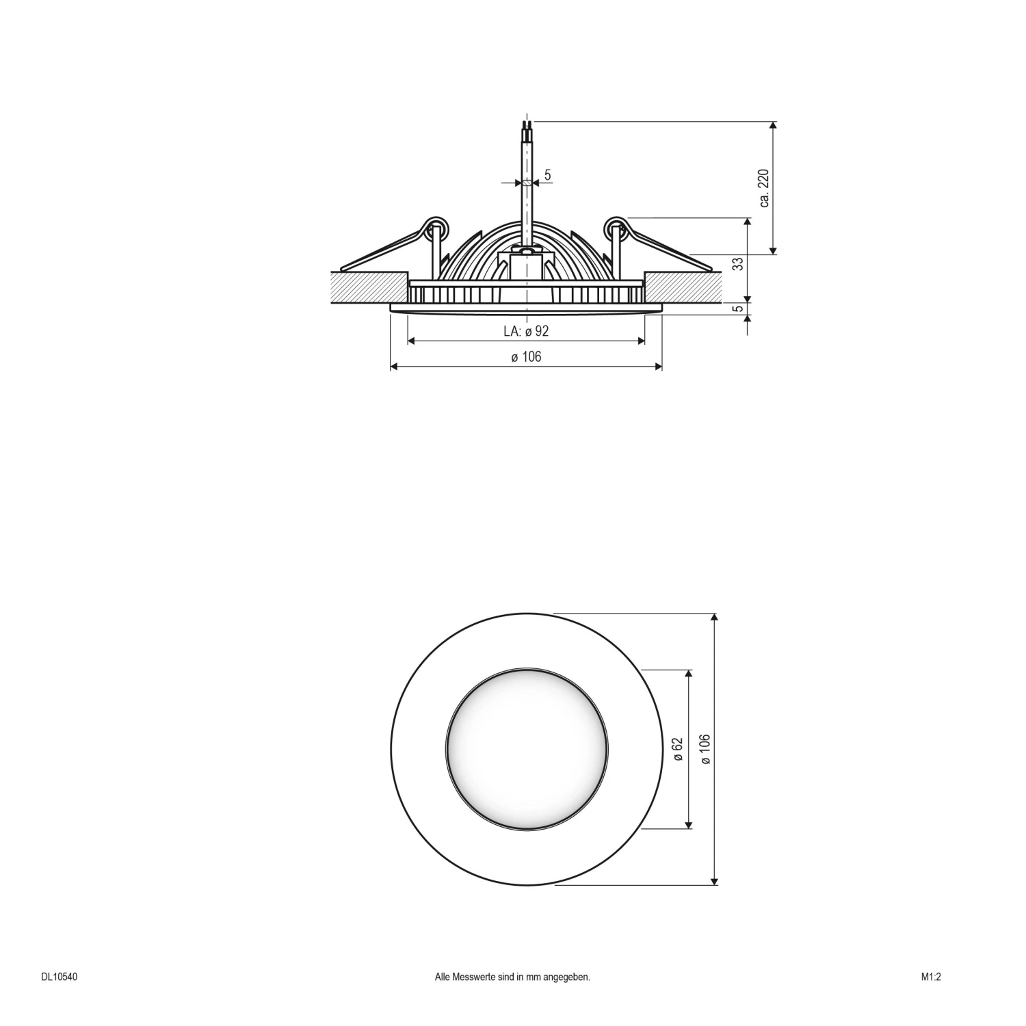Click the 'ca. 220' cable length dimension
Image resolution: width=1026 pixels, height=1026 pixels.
764,187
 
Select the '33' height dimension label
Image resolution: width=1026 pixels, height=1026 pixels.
738,263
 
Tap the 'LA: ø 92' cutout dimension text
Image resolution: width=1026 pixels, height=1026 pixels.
526,332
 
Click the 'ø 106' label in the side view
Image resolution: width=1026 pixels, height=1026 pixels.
526,356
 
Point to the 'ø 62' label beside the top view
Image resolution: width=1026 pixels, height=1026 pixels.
678,749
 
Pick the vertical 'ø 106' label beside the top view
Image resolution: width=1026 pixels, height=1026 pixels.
705,749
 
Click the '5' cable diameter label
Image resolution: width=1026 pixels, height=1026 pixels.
548,176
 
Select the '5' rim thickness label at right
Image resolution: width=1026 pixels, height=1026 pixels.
738,308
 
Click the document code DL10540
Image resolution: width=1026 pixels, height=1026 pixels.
59,977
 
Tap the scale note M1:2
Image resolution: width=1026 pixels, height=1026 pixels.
931,977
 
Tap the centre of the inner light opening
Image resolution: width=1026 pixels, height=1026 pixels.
526,749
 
